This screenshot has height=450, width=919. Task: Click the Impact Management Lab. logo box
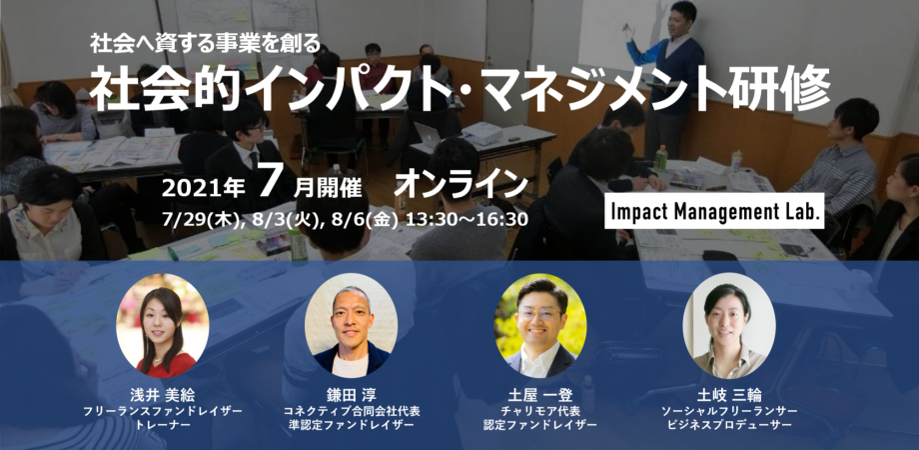pyautogui.click(x=714, y=211)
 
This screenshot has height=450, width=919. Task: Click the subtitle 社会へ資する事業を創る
pyautogui.click(x=206, y=43)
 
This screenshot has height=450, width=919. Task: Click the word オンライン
pyautogui.click(x=461, y=185)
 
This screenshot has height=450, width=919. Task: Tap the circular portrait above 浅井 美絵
pyautogui.click(x=163, y=326)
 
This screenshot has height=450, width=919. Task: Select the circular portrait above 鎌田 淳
pyautogui.click(x=351, y=326)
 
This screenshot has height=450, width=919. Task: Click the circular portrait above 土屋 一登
pyautogui.click(x=540, y=326)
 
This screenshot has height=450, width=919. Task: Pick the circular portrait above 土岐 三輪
pyautogui.click(x=729, y=326)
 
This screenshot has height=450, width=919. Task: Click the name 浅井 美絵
pyautogui.click(x=163, y=395)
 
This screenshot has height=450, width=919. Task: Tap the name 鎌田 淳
pyautogui.click(x=352, y=395)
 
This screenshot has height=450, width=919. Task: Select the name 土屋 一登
pyautogui.click(x=540, y=395)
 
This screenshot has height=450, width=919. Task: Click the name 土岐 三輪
pyautogui.click(x=729, y=395)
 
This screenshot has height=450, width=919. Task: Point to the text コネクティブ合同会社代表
pyautogui.click(x=352, y=411)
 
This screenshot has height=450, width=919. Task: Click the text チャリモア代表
pyautogui.click(x=540, y=411)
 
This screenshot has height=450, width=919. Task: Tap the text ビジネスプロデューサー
pyautogui.click(x=729, y=424)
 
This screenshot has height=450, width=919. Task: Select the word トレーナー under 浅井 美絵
pyautogui.click(x=163, y=424)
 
